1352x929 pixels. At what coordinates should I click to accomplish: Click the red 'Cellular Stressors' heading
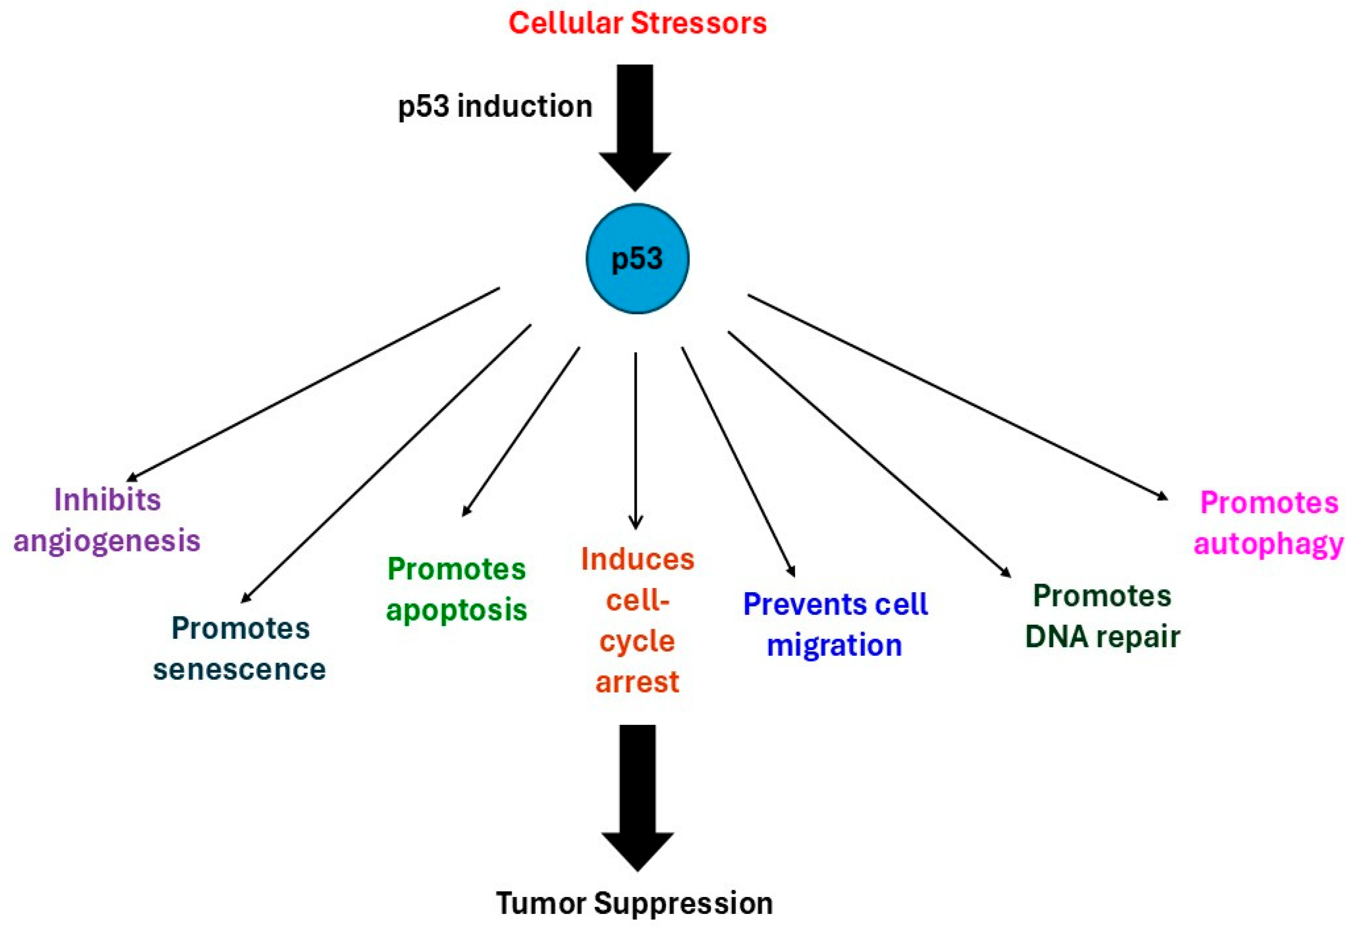coord(637,23)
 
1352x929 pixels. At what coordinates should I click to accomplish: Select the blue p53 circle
coord(637,259)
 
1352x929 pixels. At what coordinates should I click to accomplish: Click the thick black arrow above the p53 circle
coord(635,128)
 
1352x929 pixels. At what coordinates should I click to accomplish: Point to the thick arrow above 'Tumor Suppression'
coord(637,798)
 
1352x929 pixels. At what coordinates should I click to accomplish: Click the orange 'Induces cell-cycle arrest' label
coord(637,620)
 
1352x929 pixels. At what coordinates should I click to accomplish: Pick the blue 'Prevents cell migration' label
coord(835,625)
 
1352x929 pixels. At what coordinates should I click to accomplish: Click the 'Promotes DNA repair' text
coord(1103,616)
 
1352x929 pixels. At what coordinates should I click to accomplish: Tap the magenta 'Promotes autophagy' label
coord(1269,523)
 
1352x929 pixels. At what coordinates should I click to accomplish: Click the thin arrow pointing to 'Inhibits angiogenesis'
coord(313,384)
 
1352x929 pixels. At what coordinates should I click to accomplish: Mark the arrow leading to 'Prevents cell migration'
coord(738,462)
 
